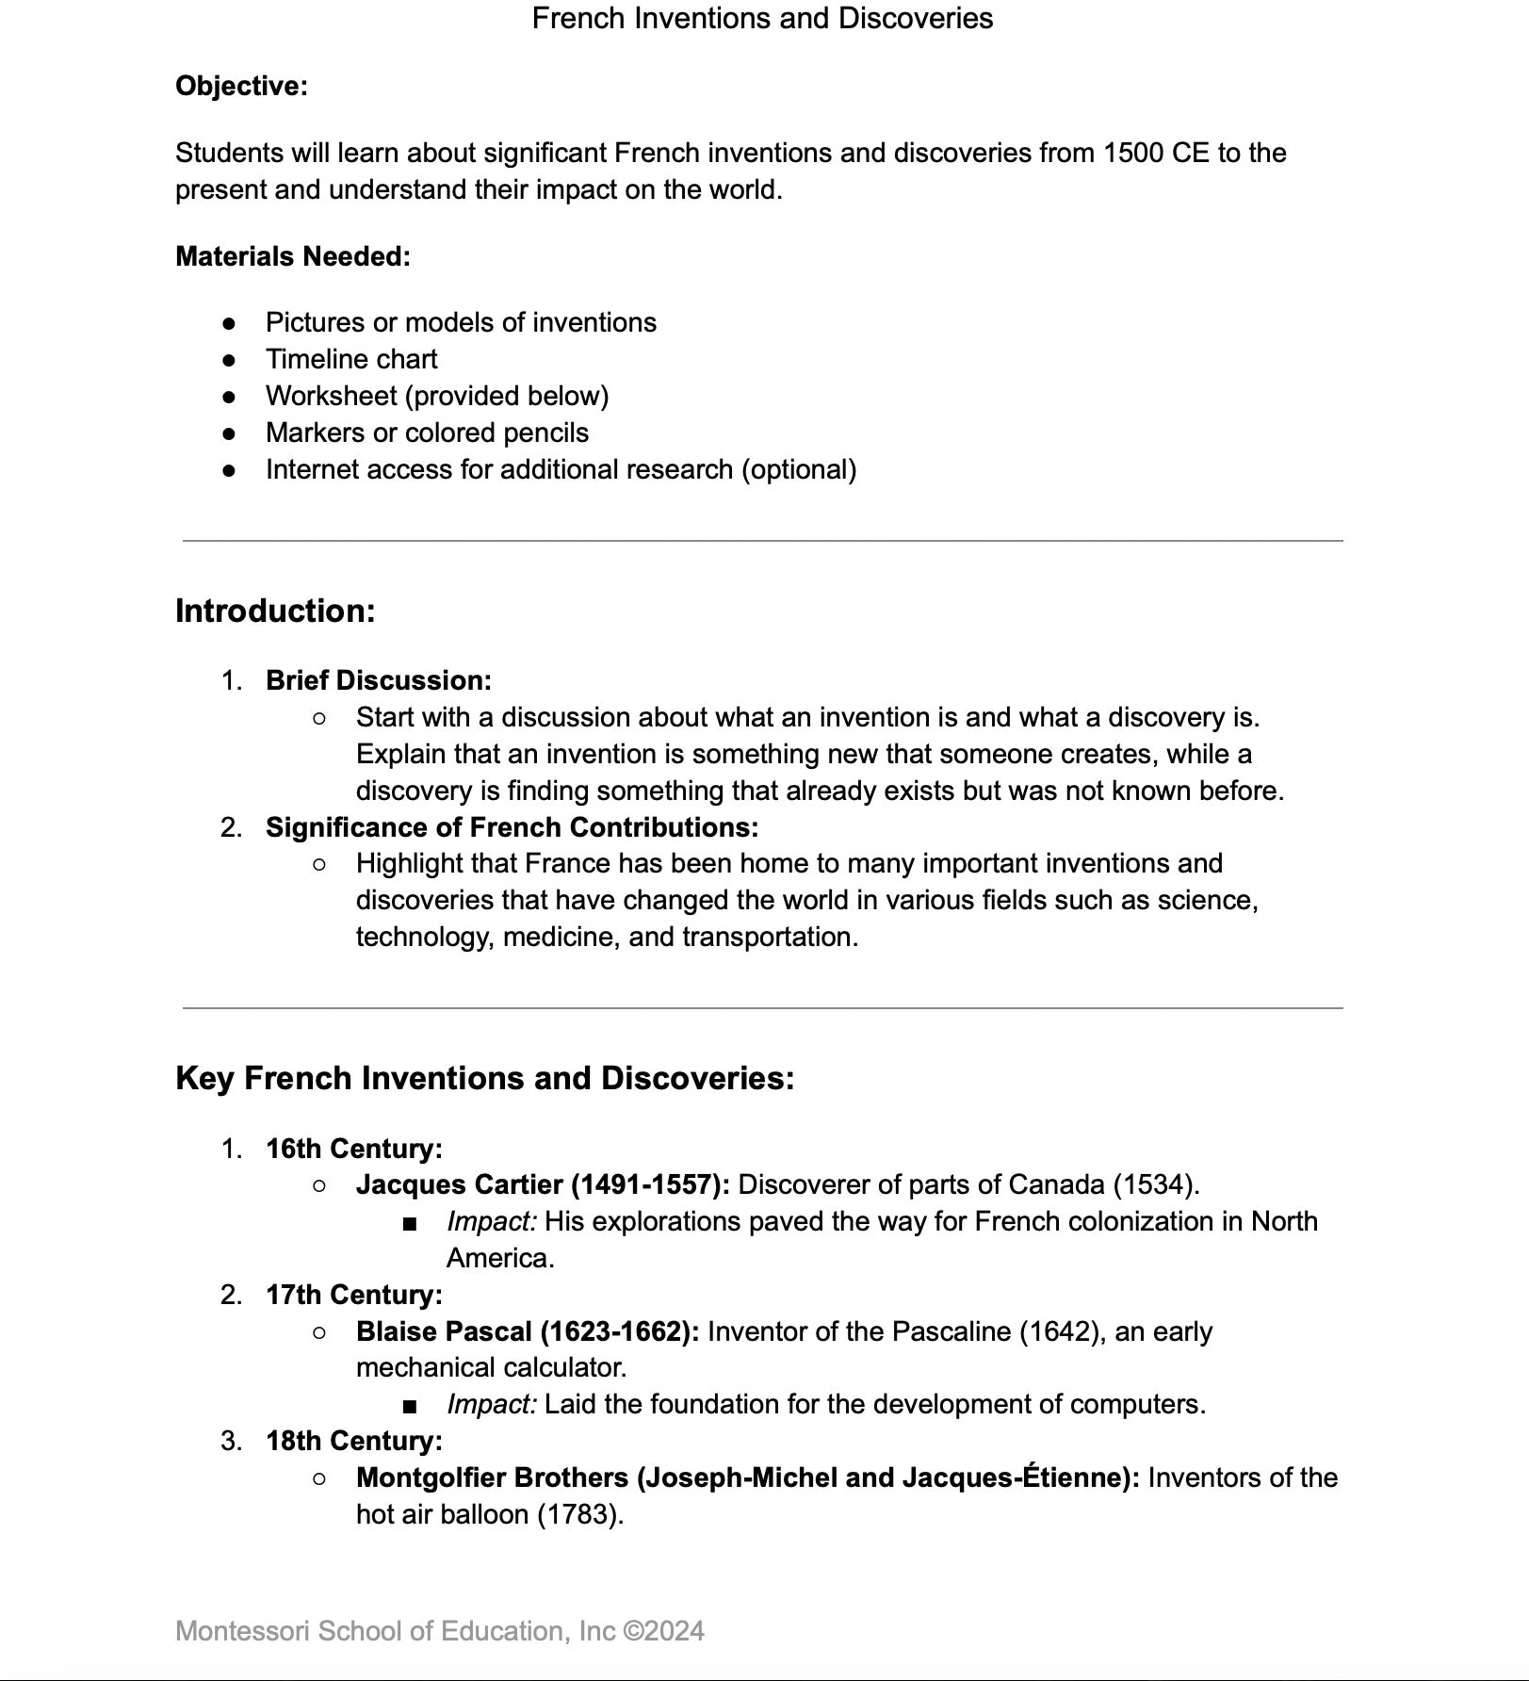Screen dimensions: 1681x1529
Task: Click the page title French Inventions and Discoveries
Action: point(762,18)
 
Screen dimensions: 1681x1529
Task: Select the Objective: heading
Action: point(241,86)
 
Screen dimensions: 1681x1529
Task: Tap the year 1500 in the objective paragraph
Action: point(1133,153)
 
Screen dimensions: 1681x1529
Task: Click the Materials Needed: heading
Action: point(292,256)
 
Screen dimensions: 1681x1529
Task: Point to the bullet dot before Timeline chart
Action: point(229,360)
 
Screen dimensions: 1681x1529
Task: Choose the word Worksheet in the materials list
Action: point(331,396)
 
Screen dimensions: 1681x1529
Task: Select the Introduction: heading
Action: point(275,611)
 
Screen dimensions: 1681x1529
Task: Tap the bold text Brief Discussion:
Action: point(378,680)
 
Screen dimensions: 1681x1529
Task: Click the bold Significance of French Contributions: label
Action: point(512,827)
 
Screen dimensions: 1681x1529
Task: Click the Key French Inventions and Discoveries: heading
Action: point(484,1078)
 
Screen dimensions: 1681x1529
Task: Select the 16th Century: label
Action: point(353,1149)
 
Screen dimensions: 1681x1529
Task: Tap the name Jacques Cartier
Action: point(460,1184)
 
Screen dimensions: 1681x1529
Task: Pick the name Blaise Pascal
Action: point(444,1331)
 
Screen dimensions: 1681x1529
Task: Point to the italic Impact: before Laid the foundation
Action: point(491,1404)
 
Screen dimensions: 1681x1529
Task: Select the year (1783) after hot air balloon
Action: point(580,1514)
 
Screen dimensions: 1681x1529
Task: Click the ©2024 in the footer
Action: point(663,1631)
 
